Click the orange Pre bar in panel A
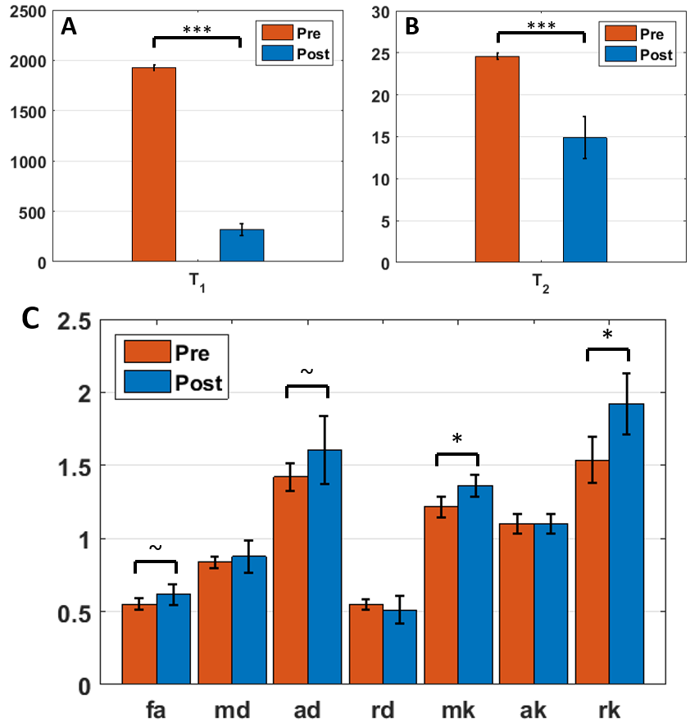tap(154, 164)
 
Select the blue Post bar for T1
tap(242, 245)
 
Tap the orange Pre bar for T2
tap(497, 159)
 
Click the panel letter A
tap(69, 26)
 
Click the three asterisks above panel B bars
tap(541, 26)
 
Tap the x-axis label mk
tap(458, 707)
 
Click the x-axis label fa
tap(156, 707)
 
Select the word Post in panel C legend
tap(199, 383)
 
